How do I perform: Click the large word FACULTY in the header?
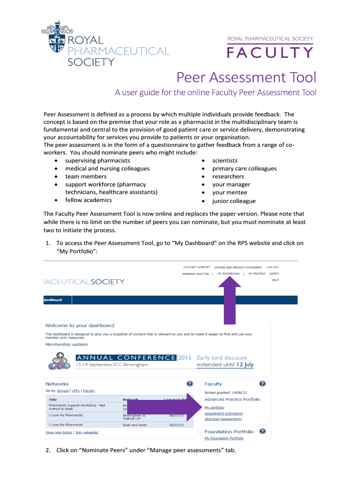point(270,53)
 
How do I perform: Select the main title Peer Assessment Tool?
point(246,77)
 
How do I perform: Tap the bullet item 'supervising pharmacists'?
point(97,160)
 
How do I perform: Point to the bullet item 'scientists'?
point(225,160)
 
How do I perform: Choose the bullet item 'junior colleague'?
point(234,201)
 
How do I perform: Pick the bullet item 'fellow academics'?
point(88,200)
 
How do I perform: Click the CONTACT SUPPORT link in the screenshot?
point(196,268)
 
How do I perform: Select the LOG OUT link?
point(273,268)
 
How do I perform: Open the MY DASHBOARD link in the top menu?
point(229,274)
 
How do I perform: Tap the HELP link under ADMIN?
point(275,280)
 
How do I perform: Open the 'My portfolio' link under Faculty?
point(211,408)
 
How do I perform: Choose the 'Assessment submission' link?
point(223,414)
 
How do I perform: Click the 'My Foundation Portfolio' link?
point(223,438)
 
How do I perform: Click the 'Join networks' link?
point(86,432)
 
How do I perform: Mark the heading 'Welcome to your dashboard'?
point(79,325)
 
